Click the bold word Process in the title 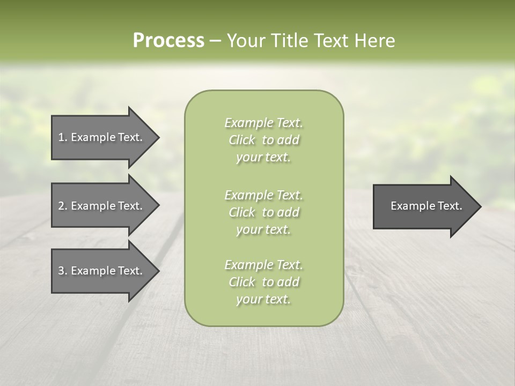pos(168,41)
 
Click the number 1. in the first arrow pos(63,137)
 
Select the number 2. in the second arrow pos(63,206)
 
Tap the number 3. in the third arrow pos(63,271)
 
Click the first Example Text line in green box pos(263,123)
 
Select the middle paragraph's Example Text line pos(263,195)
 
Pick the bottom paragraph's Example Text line pos(263,265)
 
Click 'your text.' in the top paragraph pos(263,158)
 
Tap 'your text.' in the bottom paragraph pos(263,300)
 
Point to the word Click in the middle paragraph pos(242,213)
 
